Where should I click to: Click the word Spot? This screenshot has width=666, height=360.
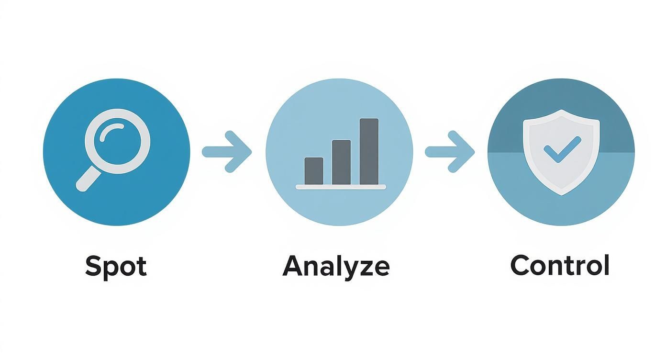116,266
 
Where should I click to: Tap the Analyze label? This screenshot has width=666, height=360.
336,266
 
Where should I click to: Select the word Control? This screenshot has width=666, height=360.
560,265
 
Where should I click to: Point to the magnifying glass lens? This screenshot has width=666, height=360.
117,141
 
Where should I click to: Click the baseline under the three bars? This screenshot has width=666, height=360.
341,187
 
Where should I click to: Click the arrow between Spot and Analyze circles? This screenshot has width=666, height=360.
227,152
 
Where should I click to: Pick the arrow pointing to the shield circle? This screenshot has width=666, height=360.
450,152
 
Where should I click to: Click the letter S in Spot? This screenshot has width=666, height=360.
93,266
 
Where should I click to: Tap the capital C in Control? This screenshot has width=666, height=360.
520,265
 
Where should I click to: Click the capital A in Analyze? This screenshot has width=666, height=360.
293,266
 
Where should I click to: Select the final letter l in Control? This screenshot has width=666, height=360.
606,265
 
